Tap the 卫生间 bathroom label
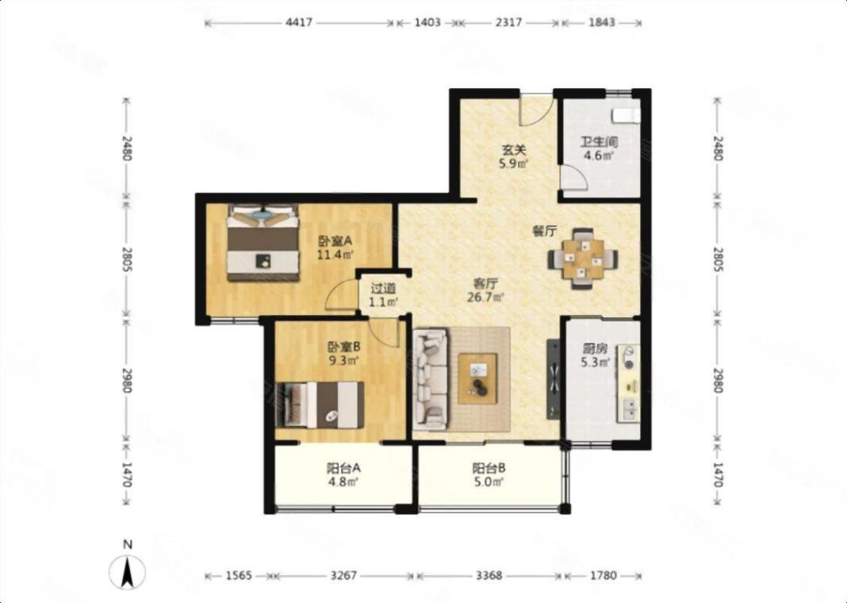click(x=599, y=143)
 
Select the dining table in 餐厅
click(x=583, y=259)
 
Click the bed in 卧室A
click(x=263, y=243)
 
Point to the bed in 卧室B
click(x=320, y=405)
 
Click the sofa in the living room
click(x=431, y=376)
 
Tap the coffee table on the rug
click(x=477, y=378)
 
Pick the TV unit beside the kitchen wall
click(x=554, y=378)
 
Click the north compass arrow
click(x=128, y=573)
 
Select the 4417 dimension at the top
click(x=299, y=23)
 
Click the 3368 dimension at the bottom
click(x=489, y=575)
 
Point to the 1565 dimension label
click(x=238, y=575)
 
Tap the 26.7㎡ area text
click(x=485, y=297)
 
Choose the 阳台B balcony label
click(x=489, y=468)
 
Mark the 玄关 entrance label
click(x=510, y=151)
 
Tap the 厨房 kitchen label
click(x=595, y=349)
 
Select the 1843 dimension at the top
click(x=600, y=23)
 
